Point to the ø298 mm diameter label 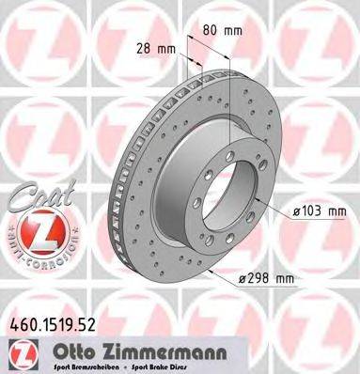[267, 279]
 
